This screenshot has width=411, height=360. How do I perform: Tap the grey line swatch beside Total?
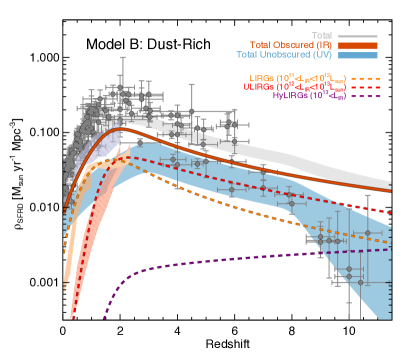(358, 35)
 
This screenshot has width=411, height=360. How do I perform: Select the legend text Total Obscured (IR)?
(291, 45)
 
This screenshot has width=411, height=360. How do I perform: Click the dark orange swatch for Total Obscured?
(358, 45)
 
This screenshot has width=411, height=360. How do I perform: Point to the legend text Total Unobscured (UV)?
(285, 55)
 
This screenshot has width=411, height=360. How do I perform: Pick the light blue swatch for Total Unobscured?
(358, 55)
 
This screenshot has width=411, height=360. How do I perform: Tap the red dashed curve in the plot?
(250, 175)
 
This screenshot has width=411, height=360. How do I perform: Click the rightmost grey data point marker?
(367, 233)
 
